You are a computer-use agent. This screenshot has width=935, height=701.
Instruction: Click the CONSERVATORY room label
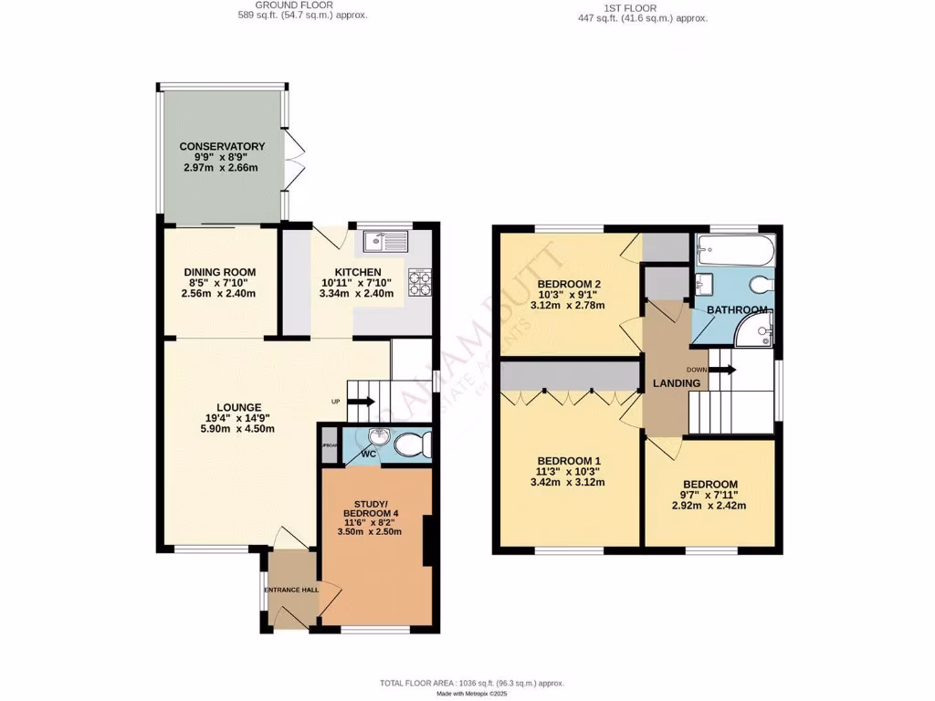coord(222,146)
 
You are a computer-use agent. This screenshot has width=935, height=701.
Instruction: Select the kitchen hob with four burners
coord(419,281)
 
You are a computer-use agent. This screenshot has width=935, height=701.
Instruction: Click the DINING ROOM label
coord(219,272)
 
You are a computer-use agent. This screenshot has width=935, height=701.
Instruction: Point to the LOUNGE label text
coord(239,407)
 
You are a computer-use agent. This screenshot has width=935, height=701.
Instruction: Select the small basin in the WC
coord(380,437)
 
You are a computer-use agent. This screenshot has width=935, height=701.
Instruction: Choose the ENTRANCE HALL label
coord(291,591)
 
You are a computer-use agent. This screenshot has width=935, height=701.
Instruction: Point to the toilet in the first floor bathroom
coord(760,284)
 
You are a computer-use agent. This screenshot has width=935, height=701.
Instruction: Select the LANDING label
coord(676,383)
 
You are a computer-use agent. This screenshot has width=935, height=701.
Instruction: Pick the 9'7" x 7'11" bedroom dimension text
coord(709,494)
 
